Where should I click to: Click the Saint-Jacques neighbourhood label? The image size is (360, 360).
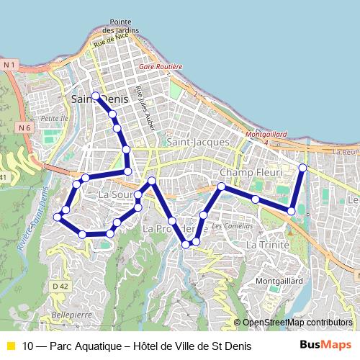click(x=197, y=143)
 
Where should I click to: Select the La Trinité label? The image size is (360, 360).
click(x=267, y=245)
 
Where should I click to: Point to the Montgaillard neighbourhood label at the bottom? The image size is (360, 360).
click(x=278, y=281)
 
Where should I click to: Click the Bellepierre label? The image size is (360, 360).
click(x=72, y=315)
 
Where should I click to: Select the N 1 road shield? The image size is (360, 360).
click(x=9, y=65)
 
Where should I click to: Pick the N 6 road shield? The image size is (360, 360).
click(x=25, y=127)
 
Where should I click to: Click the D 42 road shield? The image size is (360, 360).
click(x=60, y=287)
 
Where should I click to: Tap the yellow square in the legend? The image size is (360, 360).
click(x=11, y=346)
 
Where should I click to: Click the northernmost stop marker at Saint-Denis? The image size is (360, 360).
click(x=95, y=95)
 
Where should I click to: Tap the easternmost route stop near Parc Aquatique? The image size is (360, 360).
click(x=302, y=168)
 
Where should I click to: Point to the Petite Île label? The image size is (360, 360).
click(x=53, y=117)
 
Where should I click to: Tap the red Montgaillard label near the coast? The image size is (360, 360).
click(x=266, y=134)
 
